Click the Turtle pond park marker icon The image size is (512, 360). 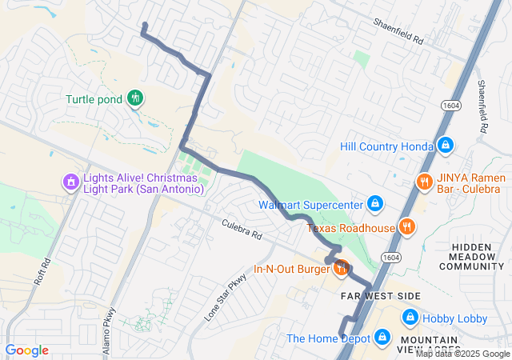coord(135,98)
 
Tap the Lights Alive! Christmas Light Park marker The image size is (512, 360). coord(71,182)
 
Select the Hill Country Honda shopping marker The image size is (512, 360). coord(446,146)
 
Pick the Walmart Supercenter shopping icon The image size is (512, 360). coord(374,204)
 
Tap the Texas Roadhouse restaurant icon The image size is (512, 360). coord(406,227)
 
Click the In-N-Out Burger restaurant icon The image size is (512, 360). coord(341,268)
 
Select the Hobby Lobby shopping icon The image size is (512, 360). coord(410,318)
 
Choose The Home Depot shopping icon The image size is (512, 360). coord(382,338)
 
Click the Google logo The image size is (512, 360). coord(27,350)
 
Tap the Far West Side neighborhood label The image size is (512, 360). coord(381,296)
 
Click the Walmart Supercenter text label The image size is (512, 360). coord(310,204)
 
